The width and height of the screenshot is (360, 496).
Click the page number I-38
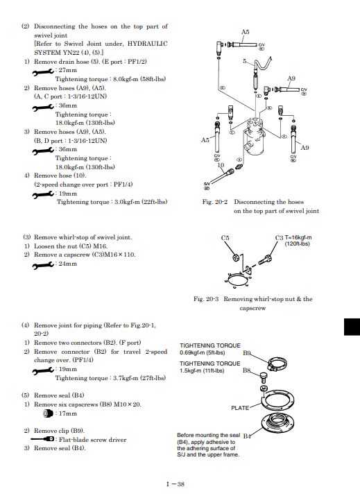(x=175, y=484)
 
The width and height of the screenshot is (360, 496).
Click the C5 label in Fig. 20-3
(x=225, y=238)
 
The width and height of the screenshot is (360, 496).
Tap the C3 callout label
(x=279, y=238)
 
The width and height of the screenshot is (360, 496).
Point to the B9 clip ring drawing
(x=277, y=364)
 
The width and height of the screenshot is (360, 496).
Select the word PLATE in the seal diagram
(x=240, y=408)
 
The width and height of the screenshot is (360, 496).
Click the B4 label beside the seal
(x=247, y=436)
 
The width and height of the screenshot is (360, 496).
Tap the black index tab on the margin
(x=352, y=327)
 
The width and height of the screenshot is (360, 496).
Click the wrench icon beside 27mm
(x=43, y=73)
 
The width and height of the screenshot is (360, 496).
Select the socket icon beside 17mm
(x=48, y=413)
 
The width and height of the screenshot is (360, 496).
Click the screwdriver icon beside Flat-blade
(x=42, y=439)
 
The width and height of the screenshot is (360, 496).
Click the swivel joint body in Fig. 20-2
(x=255, y=137)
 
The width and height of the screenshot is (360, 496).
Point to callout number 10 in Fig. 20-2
(x=221, y=165)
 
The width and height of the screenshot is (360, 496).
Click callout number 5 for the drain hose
(x=245, y=61)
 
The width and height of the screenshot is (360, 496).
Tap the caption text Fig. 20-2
(x=215, y=202)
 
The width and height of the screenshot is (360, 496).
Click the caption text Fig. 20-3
(x=206, y=299)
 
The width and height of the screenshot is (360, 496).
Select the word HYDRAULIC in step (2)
(x=148, y=44)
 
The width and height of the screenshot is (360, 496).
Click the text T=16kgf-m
(x=298, y=237)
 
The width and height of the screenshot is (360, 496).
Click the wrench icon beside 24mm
(x=43, y=266)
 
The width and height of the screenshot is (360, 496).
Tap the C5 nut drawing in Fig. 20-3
(x=236, y=258)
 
